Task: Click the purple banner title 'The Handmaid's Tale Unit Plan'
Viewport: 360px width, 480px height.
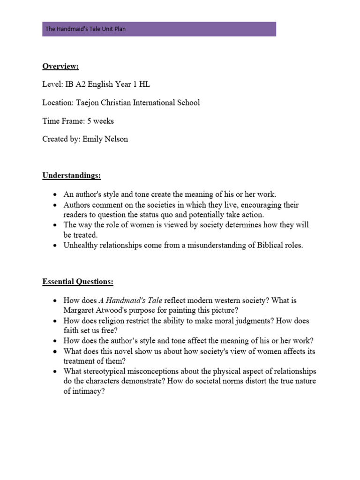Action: pyautogui.click(x=85, y=29)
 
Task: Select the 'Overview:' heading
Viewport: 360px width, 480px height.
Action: pyautogui.click(x=60, y=66)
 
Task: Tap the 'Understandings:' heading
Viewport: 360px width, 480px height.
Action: pyautogui.click(x=72, y=176)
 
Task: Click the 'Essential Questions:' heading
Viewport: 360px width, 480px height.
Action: pyautogui.click(x=78, y=282)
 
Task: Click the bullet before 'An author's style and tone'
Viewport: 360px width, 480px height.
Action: pyautogui.click(x=55, y=195)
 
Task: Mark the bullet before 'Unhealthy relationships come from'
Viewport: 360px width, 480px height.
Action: pyautogui.click(x=55, y=246)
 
